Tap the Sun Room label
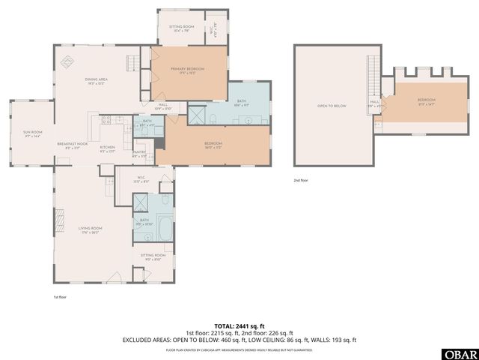point(31,133)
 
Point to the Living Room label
point(86,229)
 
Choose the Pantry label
point(139,154)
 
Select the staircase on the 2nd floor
point(373,75)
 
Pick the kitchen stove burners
point(106,119)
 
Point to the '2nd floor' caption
point(302,181)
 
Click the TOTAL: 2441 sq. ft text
point(239,324)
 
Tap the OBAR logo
point(463,352)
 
